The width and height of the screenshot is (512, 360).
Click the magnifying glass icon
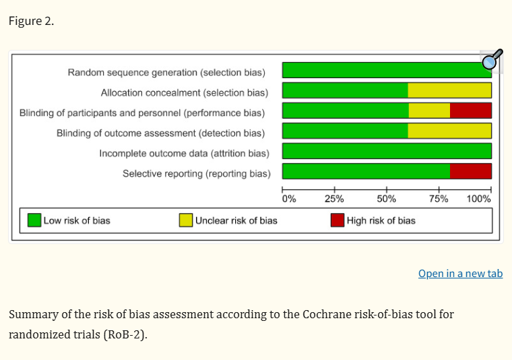pyautogui.click(x=492, y=61)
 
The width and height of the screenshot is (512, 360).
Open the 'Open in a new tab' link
pyautogui.click(x=460, y=273)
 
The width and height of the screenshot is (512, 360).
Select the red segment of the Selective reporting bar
pyautogui.click(x=470, y=171)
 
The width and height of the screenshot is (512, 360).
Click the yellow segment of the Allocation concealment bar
pyautogui.click(x=449, y=90)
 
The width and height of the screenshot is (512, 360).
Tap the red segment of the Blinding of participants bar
pyautogui.click(x=470, y=111)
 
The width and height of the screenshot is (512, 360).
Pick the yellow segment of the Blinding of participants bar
pyautogui.click(x=429, y=111)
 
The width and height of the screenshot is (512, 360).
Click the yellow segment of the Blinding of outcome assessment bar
pyautogui.click(x=449, y=131)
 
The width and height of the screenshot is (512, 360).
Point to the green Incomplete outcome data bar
pyautogui.click(x=387, y=151)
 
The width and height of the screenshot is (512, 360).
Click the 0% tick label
pyautogui.click(x=289, y=199)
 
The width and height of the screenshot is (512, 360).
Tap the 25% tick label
pyautogui.click(x=334, y=199)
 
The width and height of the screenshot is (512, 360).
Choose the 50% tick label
pyautogui.click(x=387, y=199)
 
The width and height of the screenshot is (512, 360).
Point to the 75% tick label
pyautogui.click(x=439, y=199)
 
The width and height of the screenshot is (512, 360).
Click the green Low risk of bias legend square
pyautogui.click(x=34, y=220)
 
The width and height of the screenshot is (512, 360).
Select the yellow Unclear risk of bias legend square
pyautogui.click(x=186, y=220)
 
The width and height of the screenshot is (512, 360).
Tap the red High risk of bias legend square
pyautogui.click(x=338, y=220)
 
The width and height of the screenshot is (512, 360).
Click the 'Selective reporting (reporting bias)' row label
pyautogui.click(x=196, y=173)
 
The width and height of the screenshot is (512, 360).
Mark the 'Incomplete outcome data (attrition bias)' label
pyautogui.click(x=184, y=153)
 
